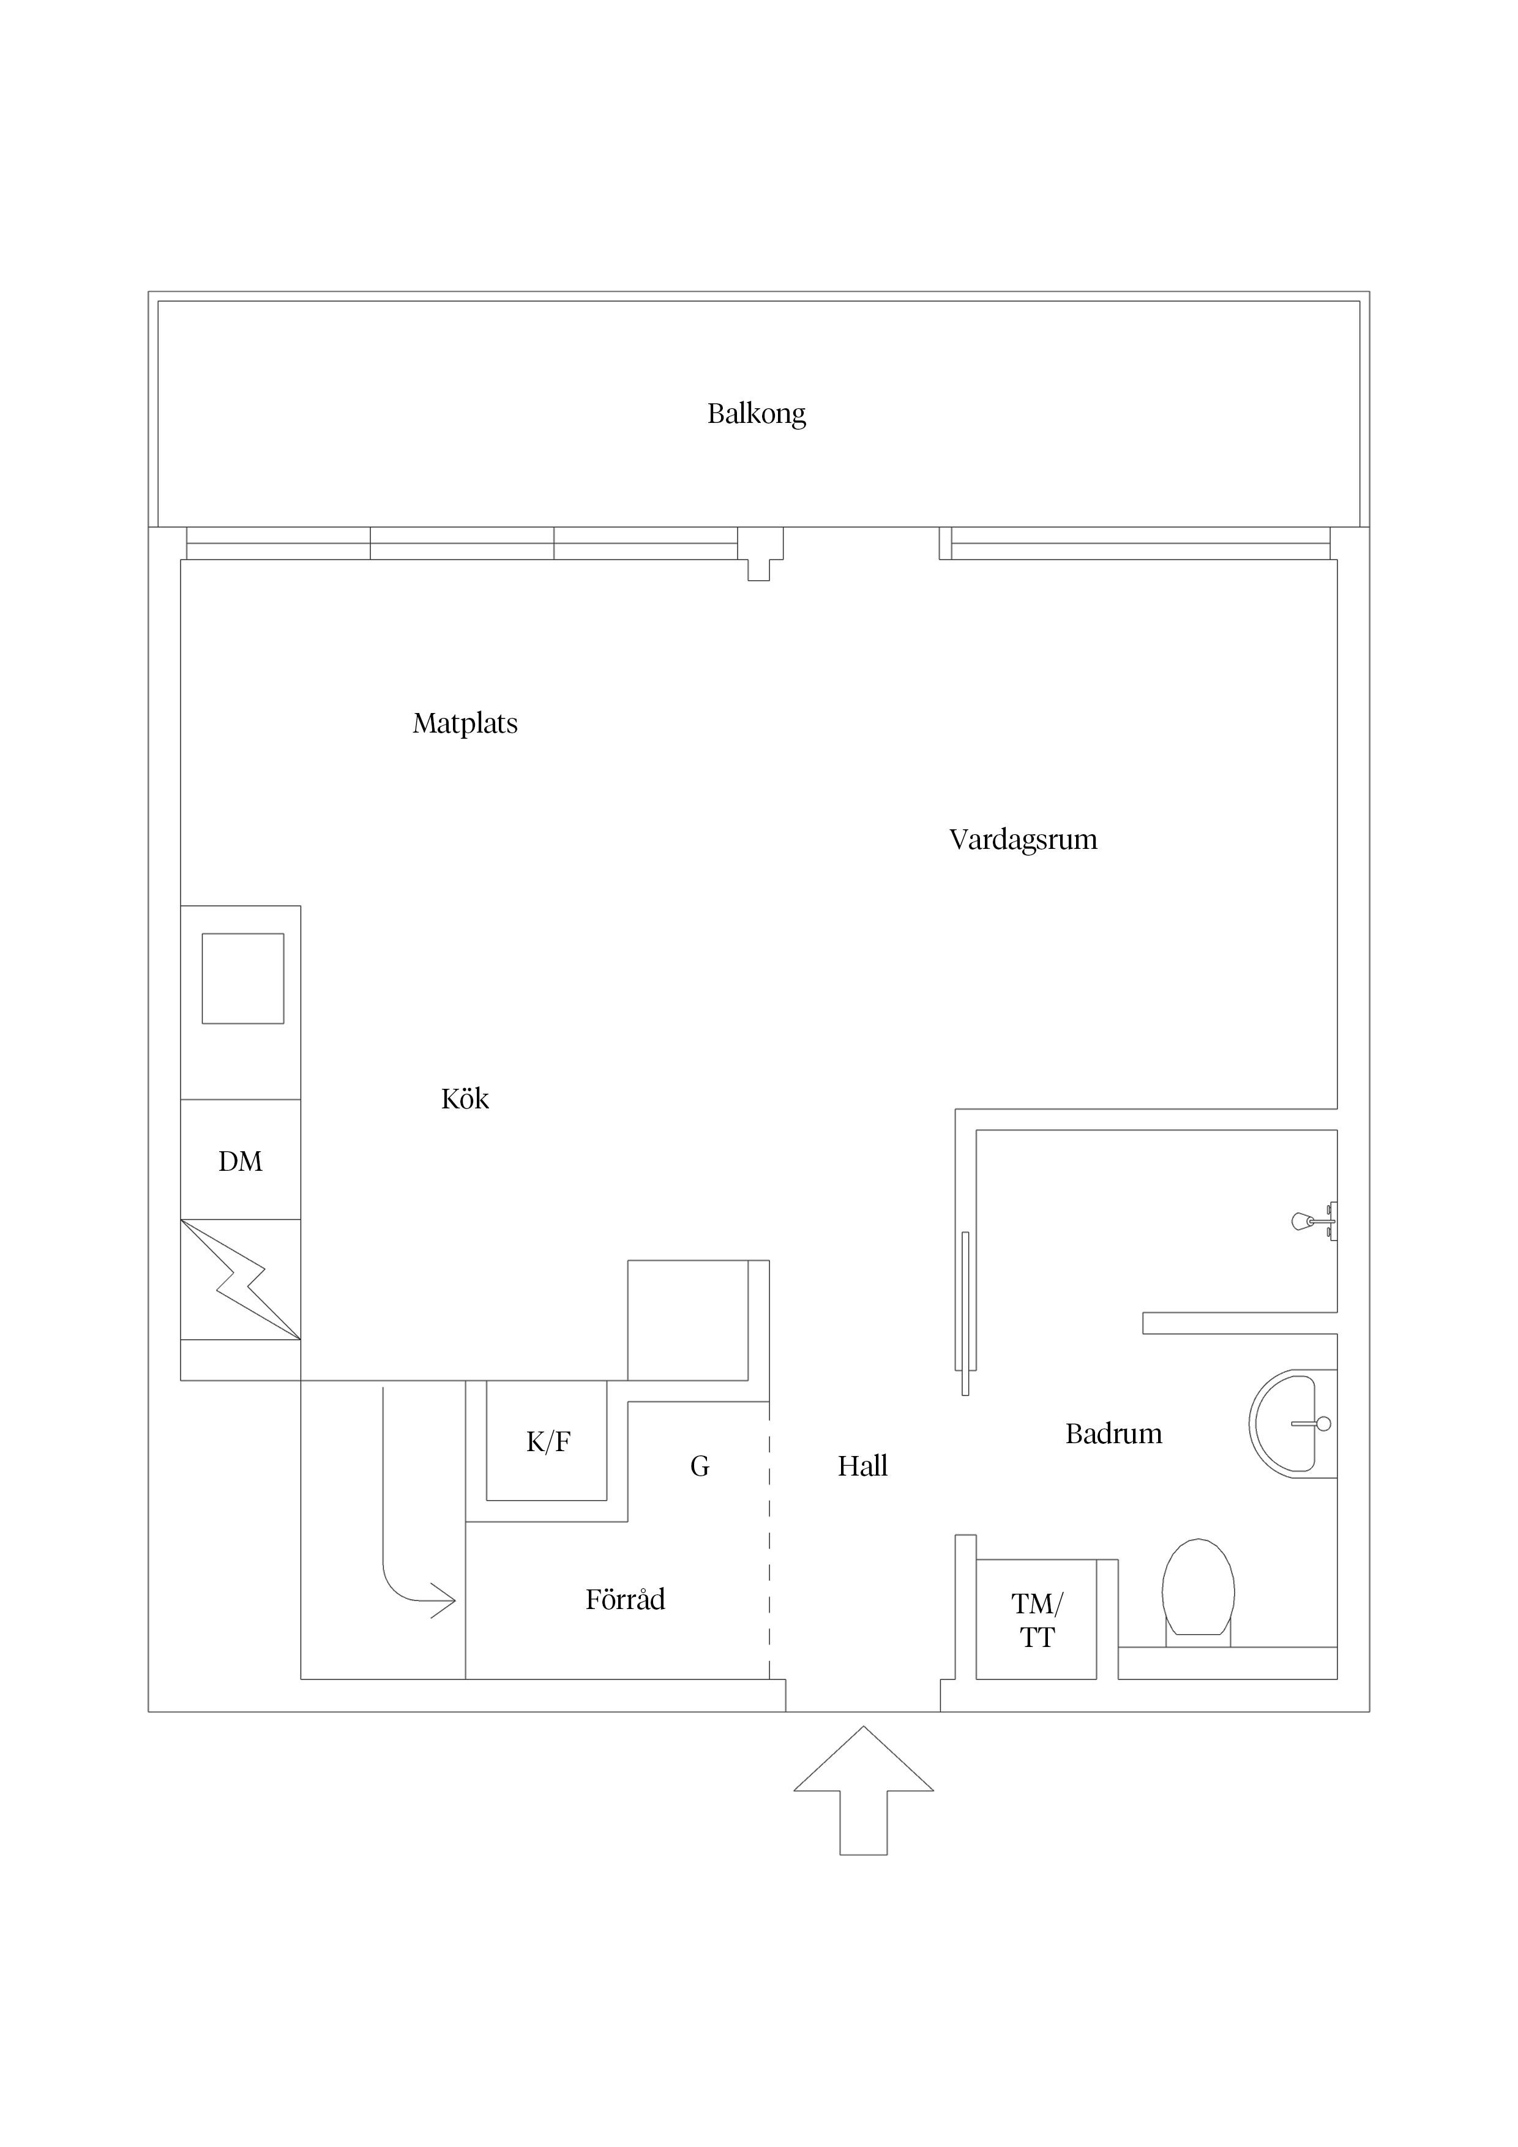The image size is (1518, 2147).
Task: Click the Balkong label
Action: pos(756,413)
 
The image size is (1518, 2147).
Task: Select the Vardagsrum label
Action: pos(1022,839)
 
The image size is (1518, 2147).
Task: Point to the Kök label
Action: pos(465,1098)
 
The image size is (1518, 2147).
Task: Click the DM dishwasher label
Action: pos(241,1162)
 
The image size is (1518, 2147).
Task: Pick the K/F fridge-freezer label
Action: pos(548,1442)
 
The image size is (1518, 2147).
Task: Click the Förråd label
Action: pos(625,1600)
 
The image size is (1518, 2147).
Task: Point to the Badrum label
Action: pos(1113,1433)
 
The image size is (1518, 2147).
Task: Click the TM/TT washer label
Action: pos(1036,1621)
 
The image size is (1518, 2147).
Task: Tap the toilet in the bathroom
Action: pos(1198,1589)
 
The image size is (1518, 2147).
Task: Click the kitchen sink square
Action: pos(243,978)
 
